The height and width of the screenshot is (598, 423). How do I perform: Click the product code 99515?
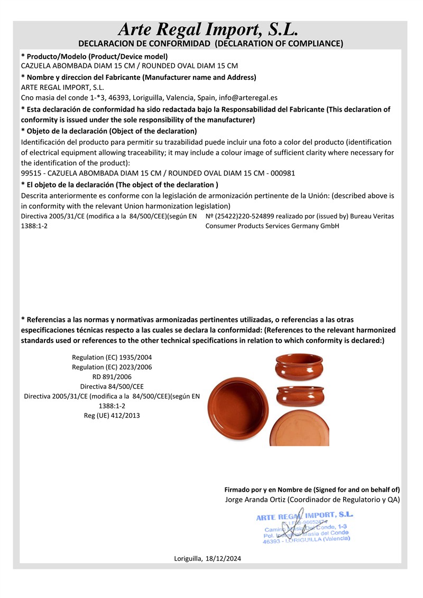(x=30, y=173)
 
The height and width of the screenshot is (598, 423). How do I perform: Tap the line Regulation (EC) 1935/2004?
(x=112, y=358)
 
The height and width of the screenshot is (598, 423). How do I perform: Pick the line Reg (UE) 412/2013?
(x=112, y=416)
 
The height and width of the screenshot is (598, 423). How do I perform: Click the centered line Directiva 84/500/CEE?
(x=112, y=387)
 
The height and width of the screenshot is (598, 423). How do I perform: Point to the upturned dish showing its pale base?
(x=300, y=428)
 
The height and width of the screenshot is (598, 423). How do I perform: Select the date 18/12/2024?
(x=222, y=558)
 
